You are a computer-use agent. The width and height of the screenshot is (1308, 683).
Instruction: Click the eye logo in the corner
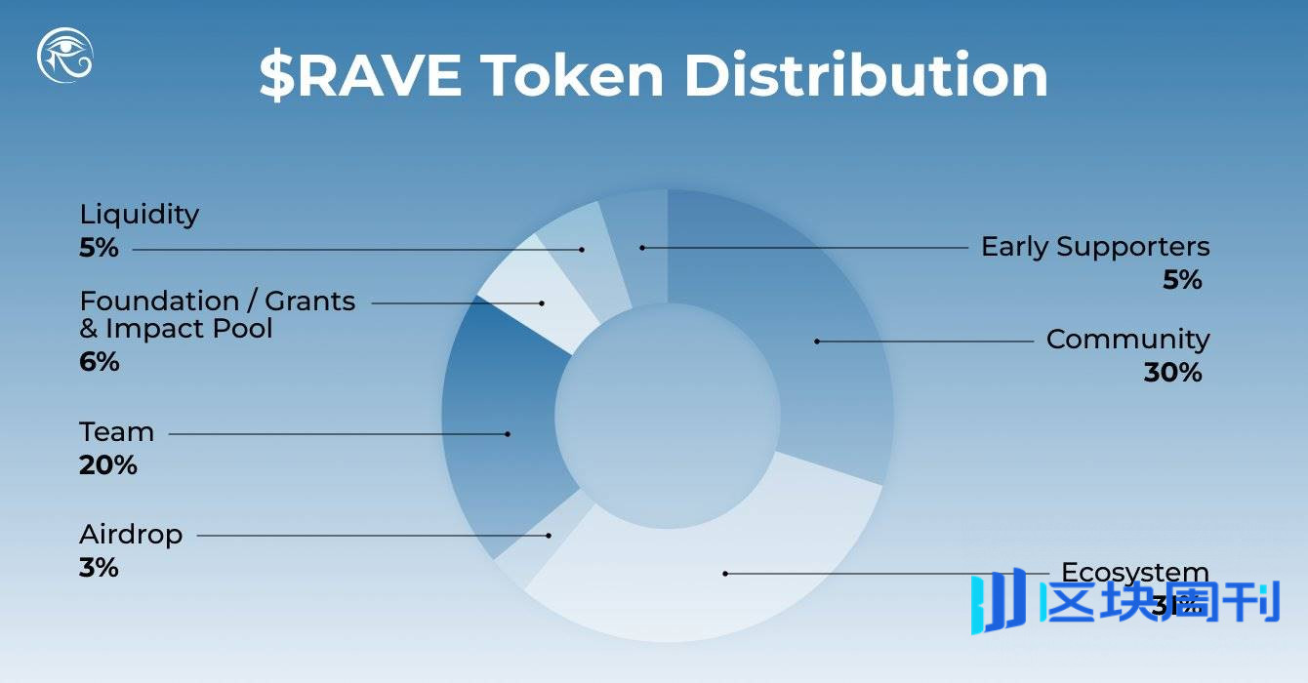pyautogui.click(x=64, y=56)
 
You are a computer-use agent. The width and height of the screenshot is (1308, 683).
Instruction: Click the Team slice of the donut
pyautogui.click(x=503, y=429)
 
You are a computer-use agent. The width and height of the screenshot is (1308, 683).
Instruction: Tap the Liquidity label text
pyautogui.click(x=140, y=214)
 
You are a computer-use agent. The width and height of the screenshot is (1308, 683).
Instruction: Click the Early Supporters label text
pyautogui.click(x=1095, y=247)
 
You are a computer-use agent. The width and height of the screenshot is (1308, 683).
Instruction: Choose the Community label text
pyautogui.click(x=1127, y=340)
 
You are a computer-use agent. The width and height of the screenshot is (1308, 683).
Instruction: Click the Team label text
pyautogui.click(x=116, y=431)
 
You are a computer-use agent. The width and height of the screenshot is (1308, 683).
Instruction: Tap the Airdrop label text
pyautogui.click(x=131, y=535)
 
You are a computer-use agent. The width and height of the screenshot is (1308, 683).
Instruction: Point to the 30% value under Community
pyautogui.click(x=1172, y=373)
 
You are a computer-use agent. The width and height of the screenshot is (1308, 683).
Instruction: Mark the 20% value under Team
pyautogui.click(x=107, y=465)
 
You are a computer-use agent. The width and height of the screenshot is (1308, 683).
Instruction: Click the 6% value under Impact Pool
pyautogui.click(x=99, y=362)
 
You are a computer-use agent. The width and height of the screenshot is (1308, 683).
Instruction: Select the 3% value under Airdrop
pyautogui.click(x=99, y=568)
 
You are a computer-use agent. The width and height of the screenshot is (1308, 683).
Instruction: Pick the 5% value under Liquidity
pyautogui.click(x=99, y=248)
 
